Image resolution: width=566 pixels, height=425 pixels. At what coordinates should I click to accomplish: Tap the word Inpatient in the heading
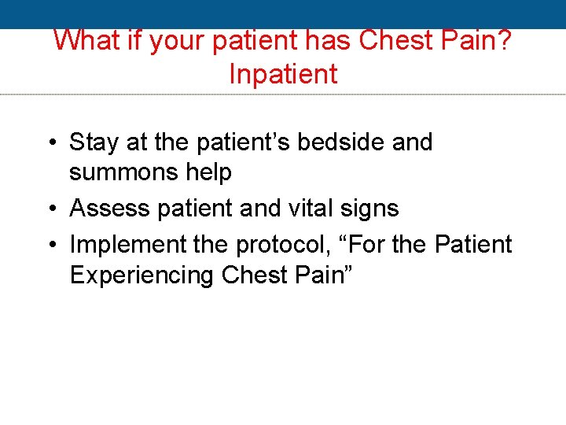click(x=283, y=74)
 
